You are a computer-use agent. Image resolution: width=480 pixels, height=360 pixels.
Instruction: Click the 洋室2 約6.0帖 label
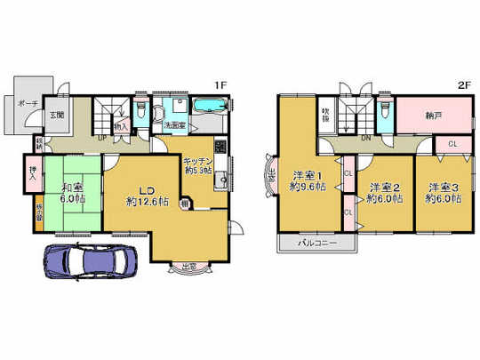coord(384,193)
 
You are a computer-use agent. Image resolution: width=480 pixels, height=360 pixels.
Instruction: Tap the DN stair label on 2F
coord(365,139)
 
